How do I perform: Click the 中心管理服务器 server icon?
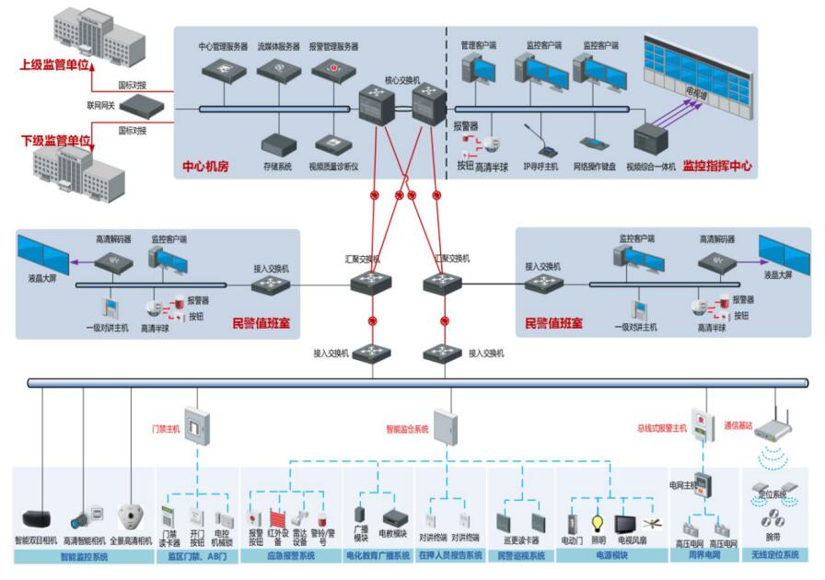(x=223, y=70)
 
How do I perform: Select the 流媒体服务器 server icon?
(x=278, y=70)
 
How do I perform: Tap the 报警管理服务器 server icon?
(x=333, y=70)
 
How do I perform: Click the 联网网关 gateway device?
(x=141, y=107)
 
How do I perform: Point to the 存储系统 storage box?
(x=277, y=145)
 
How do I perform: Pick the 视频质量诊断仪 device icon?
(x=331, y=145)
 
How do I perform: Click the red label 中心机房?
(x=204, y=168)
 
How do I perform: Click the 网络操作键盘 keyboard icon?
(x=593, y=144)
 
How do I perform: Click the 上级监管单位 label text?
(x=55, y=65)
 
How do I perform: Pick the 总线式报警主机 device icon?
(x=703, y=425)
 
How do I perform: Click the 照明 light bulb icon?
(x=598, y=522)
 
